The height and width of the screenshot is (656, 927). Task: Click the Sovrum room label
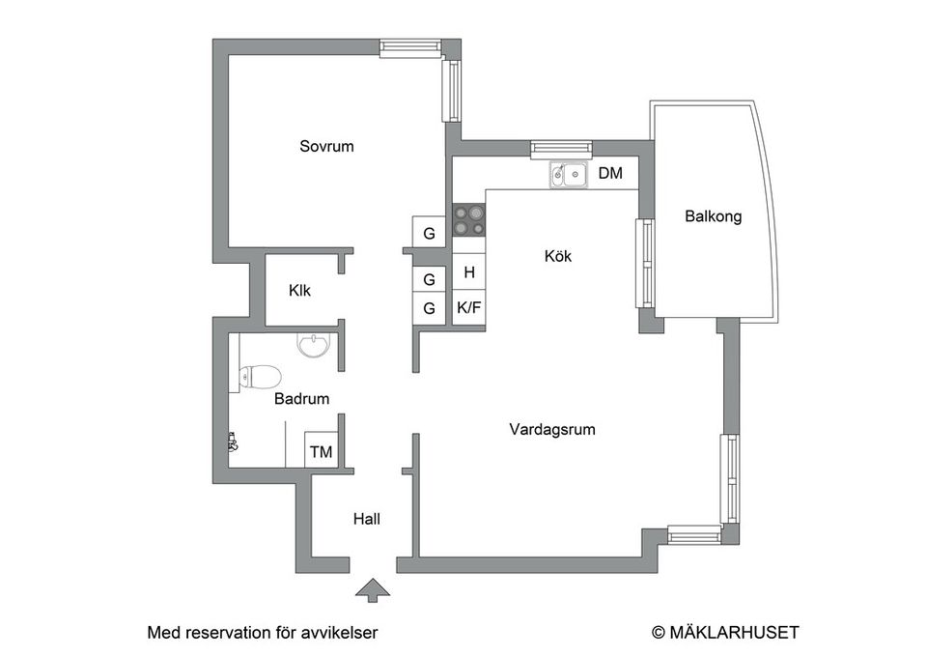click(x=326, y=147)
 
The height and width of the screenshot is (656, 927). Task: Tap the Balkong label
click(x=713, y=216)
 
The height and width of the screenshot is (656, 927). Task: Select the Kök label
click(x=558, y=256)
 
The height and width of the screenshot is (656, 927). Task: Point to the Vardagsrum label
click(x=552, y=429)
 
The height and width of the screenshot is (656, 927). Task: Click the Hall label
click(x=366, y=519)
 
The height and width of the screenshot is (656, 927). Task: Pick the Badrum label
click(x=302, y=398)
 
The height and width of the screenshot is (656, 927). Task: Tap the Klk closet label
click(x=299, y=290)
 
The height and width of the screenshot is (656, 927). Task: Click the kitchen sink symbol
click(x=570, y=175)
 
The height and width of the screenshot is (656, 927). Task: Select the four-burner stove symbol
click(x=469, y=219)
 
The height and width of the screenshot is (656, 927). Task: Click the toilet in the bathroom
click(x=259, y=375)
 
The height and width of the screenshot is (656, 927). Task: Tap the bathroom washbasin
click(x=313, y=345)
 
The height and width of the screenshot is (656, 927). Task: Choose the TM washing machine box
click(x=321, y=450)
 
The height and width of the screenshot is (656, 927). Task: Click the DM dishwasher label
click(x=610, y=174)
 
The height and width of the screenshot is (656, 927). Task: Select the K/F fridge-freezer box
click(x=469, y=308)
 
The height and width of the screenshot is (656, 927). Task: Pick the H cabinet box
click(x=469, y=272)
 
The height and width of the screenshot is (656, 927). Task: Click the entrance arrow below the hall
click(x=369, y=590)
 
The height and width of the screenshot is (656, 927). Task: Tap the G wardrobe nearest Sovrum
click(x=429, y=233)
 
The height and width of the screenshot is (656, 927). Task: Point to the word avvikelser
click(x=338, y=633)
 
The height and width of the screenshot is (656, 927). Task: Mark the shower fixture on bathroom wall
click(x=232, y=442)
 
